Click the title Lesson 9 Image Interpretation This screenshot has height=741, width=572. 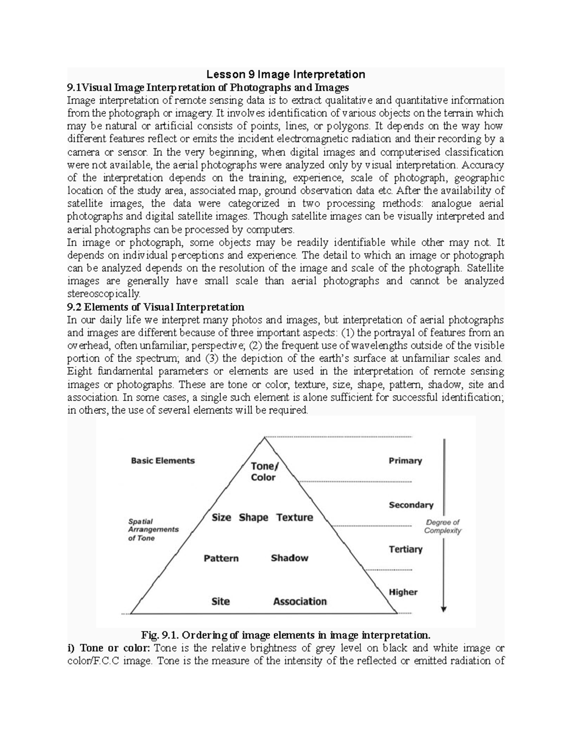point(286,74)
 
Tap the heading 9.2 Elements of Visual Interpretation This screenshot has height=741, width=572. point(155,307)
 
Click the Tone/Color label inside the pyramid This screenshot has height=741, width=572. point(263,472)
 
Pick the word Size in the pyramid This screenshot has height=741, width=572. point(221,518)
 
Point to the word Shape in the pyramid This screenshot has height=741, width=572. point(254,518)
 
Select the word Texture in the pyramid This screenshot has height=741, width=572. point(295,518)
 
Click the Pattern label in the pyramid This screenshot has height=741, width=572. point(221,558)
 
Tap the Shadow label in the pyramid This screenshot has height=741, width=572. point(289,558)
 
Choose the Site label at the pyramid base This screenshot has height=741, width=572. point(221,601)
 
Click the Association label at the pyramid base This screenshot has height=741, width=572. point(300,601)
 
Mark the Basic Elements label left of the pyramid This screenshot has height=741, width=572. point(163,460)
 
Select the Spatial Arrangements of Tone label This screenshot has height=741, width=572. point(153,530)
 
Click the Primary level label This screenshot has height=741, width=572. point(405,460)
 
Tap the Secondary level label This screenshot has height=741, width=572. point(411,505)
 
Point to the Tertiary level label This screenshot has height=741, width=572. point(406,549)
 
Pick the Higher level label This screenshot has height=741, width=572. point(403,592)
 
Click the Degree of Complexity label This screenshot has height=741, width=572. point(443,526)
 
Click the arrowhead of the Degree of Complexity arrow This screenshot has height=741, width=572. point(444,608)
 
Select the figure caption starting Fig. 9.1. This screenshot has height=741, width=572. point(286,635)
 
